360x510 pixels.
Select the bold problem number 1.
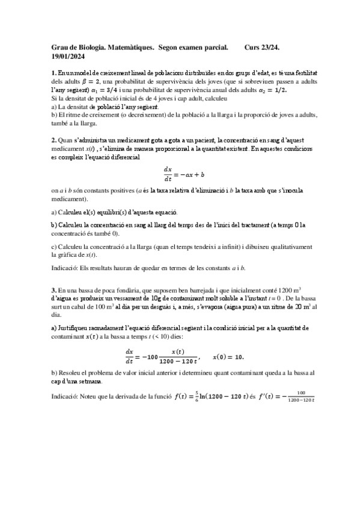53,73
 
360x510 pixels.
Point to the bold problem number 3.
53,289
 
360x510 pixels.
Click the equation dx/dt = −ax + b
185,174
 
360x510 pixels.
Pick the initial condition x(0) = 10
228,357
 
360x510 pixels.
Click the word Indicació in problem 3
66,398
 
